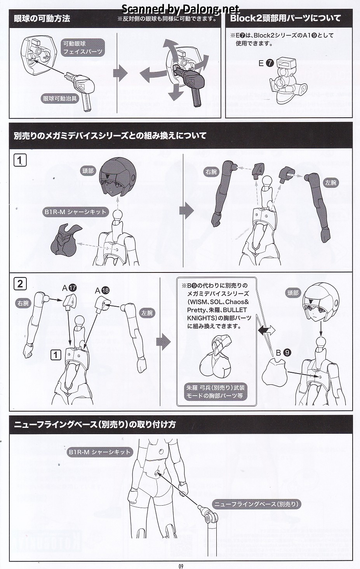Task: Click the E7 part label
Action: click(266, 63)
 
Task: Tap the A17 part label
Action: click(69, 288)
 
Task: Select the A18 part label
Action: click(102, 290)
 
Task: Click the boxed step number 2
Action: click(20, 284)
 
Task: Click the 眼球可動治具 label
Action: click(60, 98)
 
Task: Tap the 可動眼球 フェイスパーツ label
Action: click(83, 47)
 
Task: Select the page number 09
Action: click(181, 566)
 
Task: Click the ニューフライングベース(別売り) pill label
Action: click(256, 504)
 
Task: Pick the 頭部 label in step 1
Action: click(88, 171)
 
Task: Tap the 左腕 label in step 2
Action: click(147, 313)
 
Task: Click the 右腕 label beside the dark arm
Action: click(211, 172)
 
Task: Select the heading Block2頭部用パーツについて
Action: click(285, 18)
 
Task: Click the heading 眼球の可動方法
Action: click(42, 18)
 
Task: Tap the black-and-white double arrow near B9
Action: click(266, 330)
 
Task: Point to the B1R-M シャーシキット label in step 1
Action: click(75, 212)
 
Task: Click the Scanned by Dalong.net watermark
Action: click(181, 9)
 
